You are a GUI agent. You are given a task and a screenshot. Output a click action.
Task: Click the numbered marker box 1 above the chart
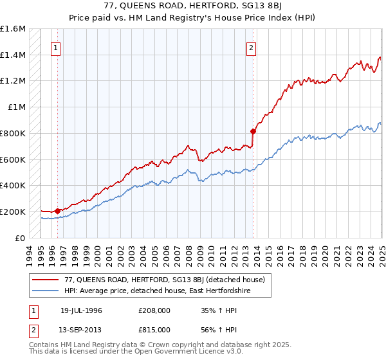pyautogui.click(x=56, y=47)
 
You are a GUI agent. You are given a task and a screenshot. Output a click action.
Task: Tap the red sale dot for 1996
pyautogui.click(x=57, y=210)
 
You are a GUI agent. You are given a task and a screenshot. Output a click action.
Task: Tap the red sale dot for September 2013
pyautogui.click(x=253, y=131)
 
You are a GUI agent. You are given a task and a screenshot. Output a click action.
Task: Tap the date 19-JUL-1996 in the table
pyautogui.click(x=81, y=310)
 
